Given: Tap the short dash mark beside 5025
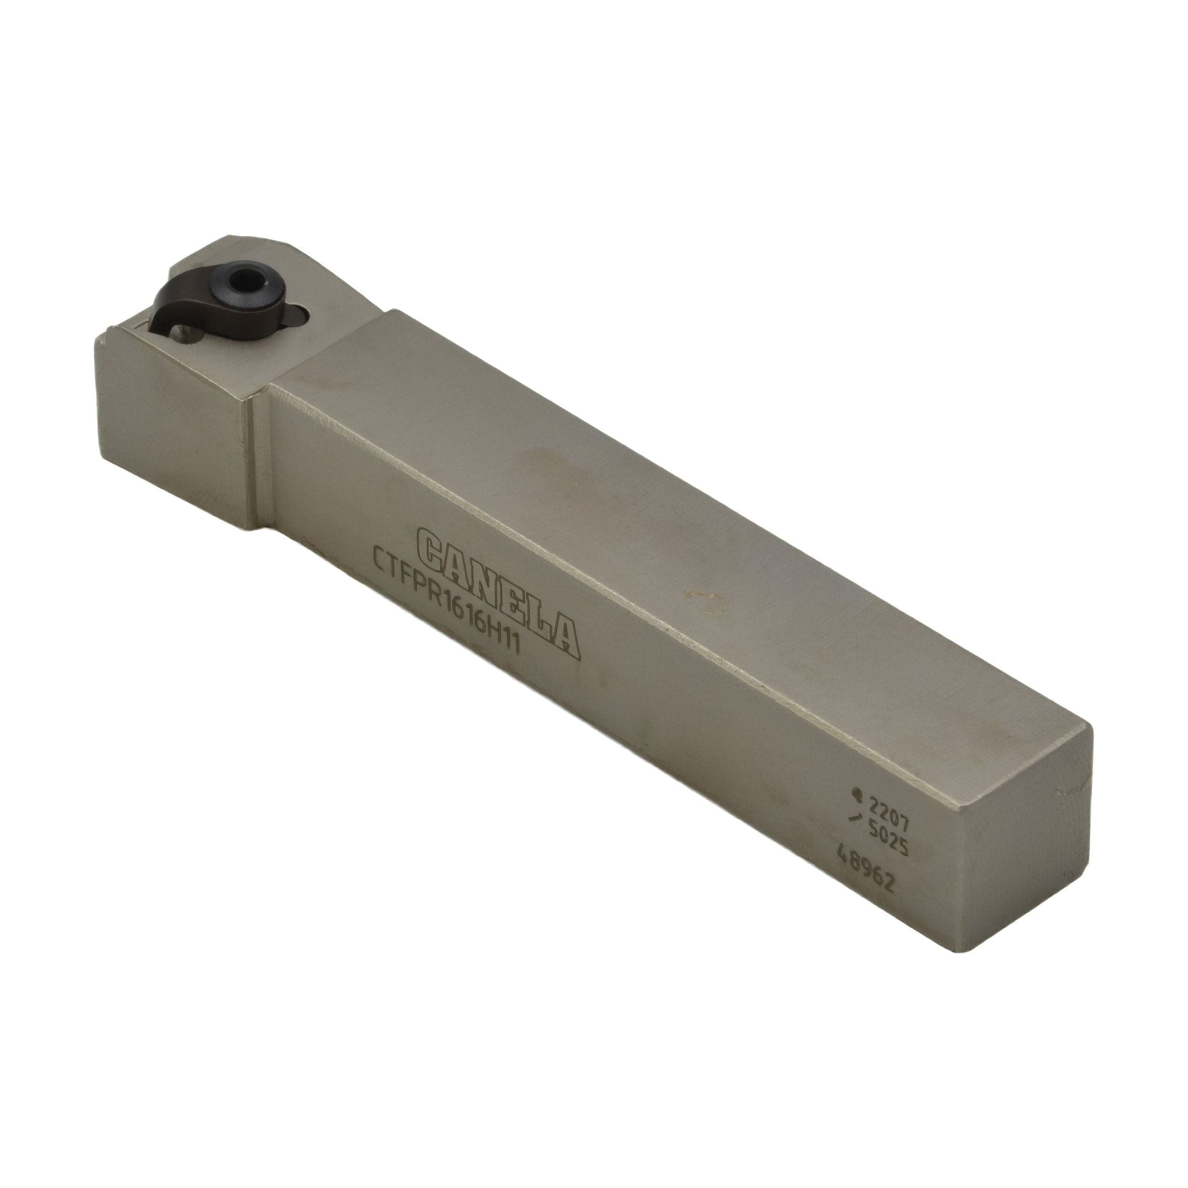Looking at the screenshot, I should [x=854, y=817].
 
